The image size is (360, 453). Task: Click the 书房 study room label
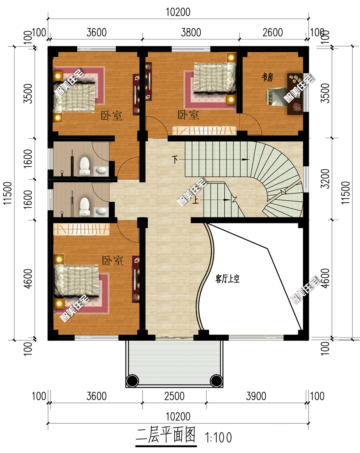267,77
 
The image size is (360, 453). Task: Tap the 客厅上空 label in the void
228,279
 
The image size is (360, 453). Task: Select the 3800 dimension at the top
191,32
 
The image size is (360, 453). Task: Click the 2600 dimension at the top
272,32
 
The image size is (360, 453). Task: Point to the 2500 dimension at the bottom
174,396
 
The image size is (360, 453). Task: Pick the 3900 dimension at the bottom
256,396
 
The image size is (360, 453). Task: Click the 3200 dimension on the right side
325,179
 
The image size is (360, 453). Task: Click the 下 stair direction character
175,159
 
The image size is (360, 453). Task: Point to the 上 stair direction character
196,200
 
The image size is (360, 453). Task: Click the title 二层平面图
166,435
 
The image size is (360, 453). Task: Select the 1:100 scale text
218,438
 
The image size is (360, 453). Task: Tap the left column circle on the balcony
132,381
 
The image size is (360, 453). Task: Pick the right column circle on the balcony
216,381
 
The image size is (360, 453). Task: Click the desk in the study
295,94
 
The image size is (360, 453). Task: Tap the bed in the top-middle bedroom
214,78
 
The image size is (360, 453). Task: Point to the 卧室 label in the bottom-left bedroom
113,261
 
